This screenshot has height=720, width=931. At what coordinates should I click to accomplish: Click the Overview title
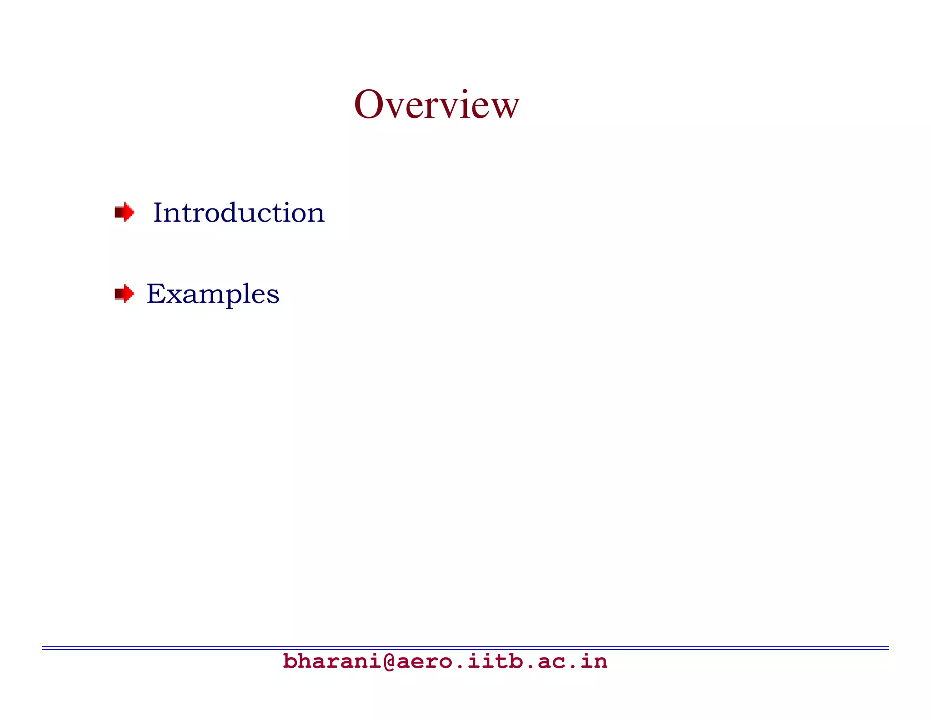(436, 105)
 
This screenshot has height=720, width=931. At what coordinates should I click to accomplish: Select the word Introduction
(239, 213)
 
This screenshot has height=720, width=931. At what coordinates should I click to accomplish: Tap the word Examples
(213, 294)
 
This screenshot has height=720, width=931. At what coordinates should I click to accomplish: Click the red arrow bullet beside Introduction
(124, 212)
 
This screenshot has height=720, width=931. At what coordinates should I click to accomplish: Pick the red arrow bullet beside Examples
(124, 294)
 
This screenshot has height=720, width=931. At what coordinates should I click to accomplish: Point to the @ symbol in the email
(389, 661)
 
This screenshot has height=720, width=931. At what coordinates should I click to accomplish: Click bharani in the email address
(332, 661)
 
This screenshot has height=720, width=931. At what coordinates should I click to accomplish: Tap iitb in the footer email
(495, 661)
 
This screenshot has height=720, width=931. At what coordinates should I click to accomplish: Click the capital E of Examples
(155, 294)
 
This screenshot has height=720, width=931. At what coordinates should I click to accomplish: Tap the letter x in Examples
(172, 296)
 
